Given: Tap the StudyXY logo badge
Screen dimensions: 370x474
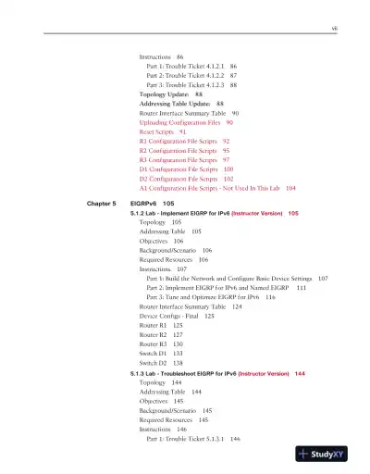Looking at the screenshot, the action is pos(328,454).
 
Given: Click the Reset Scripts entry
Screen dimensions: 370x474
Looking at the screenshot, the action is pos(162,132).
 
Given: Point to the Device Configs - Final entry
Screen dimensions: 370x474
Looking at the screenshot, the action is pos(176,316).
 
